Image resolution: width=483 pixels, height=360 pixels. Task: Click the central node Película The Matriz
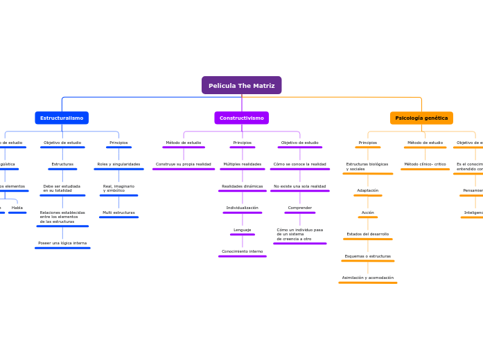pyautogui.click(x=241, y=85)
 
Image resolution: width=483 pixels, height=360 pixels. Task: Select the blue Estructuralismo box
pyautogui.click(x=62, y=118)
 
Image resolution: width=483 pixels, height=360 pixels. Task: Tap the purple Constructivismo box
pyautogui.click(x=241, y=118)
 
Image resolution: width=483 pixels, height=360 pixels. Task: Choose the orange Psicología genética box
pyautogui.click(x=421, y=118)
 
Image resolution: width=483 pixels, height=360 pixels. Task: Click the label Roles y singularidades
pyautogui.click(x=118, y=164)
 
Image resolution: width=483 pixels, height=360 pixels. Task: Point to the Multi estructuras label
pyautogui.click(x=118, y=213)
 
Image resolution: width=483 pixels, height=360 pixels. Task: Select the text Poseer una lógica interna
pyautogui.click(x=62, y=243)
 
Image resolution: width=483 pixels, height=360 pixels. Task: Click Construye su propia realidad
pyautogui.click(x=184, y=164)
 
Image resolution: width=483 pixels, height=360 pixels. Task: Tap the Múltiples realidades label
pyautogui.click(x=243, y=164)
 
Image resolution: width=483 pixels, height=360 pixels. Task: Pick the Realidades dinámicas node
pyautogui.click(x=243, y=186)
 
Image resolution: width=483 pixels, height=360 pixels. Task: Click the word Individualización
pyautogui.click(x=243, y=208)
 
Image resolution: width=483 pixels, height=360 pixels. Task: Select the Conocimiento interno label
pyautogui.click(x=243, y=251)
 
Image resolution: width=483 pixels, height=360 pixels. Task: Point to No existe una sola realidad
pyautogui.click(x=299, y=186)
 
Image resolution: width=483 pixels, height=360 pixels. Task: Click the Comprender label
pyautogui.click(x=300, y=208)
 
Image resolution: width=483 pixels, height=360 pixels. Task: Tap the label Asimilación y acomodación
pyautogui.click(x=368, y=278)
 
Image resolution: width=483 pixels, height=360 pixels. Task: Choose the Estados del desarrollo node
pyautogui.click(x=368, y=234)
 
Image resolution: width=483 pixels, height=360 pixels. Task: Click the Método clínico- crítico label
pyautogui.click(x=425, y=164)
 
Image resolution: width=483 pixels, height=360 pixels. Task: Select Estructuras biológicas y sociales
pyautogui.click(x=367, y=166)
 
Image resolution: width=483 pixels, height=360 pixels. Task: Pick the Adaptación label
pyautogui.click(x=368, y=190)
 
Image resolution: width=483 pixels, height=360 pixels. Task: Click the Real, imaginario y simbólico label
pyautogui.click(x=118, y=188)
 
